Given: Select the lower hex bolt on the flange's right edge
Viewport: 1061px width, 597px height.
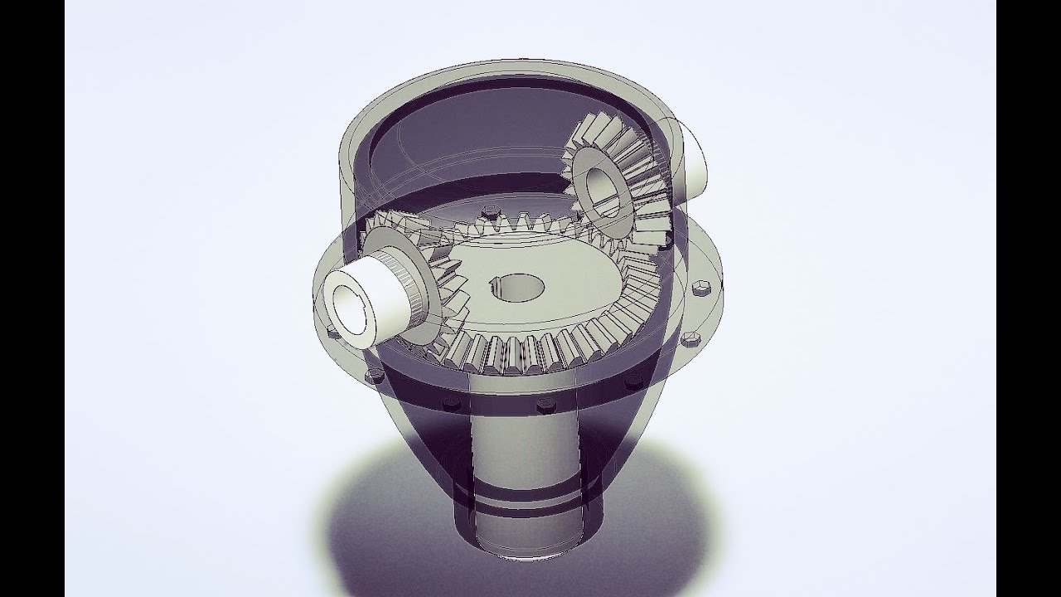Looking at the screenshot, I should tap(688, 338).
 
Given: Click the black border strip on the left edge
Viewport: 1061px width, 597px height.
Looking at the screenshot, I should tap(32, 298).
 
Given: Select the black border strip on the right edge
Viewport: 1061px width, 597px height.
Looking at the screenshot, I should tap(1028, 298).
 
